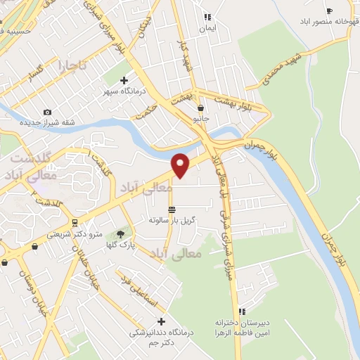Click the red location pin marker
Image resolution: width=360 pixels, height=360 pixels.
click(181, 164)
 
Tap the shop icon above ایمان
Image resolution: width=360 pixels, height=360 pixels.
click(207, 17)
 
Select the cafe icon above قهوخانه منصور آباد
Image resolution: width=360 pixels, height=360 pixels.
click(329, 11)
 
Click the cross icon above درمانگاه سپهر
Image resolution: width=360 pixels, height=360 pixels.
click(124, 80)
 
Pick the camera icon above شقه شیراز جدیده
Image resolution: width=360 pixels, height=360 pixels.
click(47, 112)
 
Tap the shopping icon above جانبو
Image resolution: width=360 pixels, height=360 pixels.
click(201, 108)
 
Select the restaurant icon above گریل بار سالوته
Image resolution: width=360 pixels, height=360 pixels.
click(172, 210)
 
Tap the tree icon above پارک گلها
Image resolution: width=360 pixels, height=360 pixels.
click(120, 233)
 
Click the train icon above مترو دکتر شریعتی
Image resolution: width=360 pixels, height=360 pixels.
click(35, 246)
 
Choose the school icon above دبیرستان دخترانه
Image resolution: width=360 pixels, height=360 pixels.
click(241, 311)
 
